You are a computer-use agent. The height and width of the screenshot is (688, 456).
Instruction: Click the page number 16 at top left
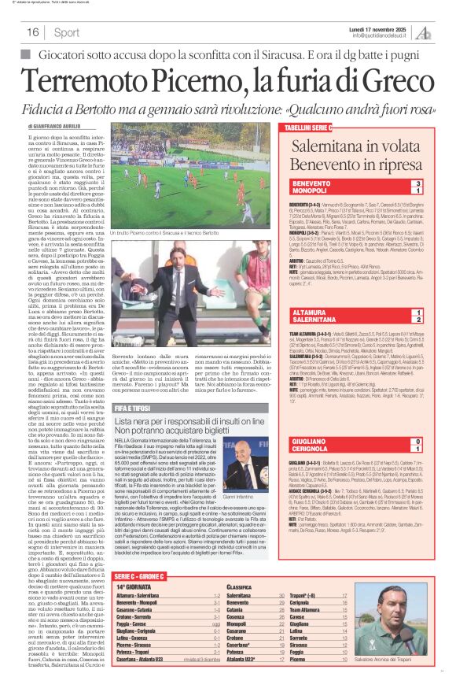pyautogui.click(x=33, y=32)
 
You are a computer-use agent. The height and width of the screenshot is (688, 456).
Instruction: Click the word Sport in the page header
pyautogui.click(x=67, y=32)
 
